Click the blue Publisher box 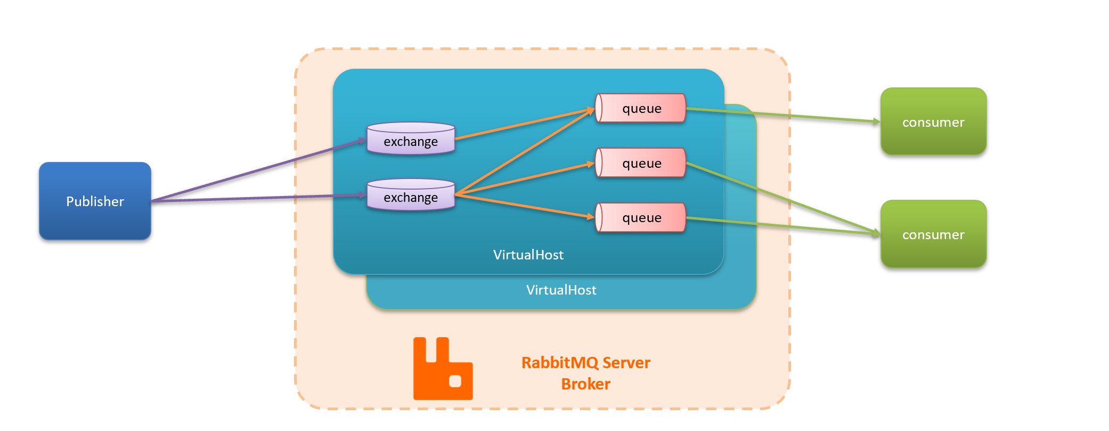click(x=95, y=201)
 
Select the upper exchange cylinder click(x=411, y=139)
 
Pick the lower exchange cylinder click(x=411, y=195)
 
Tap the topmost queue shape click(x=640, y=108)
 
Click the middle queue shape click(x=640, y=162)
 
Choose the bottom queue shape click(x=640, y=217)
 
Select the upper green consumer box click(x=933, y=121)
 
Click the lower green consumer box click(x=933, y=234)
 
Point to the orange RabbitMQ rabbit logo click(x=443, y=369)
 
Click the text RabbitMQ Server click(x=585, y=363)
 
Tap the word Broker click(x=585, y=384)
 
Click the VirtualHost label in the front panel click(x=528, y=255)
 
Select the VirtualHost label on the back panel click(x=561, y=290)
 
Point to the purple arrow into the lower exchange click(x=256, y=198)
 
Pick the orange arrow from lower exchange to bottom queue click(x=525, y=206)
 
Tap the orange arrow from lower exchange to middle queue click(x=525, y=179)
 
